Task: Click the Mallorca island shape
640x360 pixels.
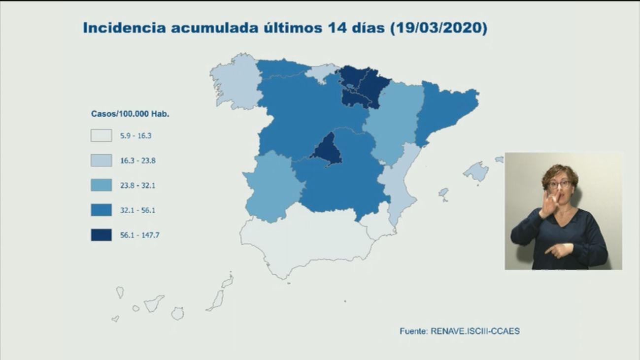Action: (476, 172)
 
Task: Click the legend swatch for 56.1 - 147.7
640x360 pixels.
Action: (101, 235)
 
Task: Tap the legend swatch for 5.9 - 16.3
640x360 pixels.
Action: (101, 135)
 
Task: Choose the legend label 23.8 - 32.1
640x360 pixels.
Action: (138, 186)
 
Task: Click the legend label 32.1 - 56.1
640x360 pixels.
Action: (138, 210)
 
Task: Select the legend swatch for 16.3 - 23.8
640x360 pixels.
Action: (101, 161)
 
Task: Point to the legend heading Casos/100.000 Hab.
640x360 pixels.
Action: (130, 114)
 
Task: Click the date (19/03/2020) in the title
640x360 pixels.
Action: (438, 28)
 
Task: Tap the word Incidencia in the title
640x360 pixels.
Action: (125, 28)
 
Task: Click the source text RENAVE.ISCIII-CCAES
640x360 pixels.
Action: (474, 331)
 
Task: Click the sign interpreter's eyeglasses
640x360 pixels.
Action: (559, 185)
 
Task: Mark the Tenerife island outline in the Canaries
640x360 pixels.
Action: (154, 303)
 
